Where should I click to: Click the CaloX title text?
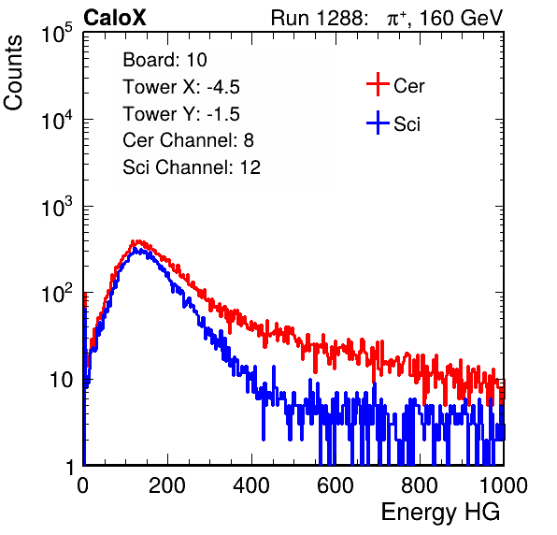115,18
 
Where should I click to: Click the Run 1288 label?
318,18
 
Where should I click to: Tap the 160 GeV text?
461,18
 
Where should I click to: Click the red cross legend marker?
378,84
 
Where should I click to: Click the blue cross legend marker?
378,123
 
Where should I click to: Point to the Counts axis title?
13,73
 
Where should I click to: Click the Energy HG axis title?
440,513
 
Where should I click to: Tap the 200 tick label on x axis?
167,485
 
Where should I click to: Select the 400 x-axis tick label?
251,485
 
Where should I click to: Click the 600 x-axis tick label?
336,485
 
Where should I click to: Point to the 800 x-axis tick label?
420,485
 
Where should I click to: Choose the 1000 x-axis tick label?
504,485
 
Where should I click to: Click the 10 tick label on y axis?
61,380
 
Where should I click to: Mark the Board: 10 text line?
164,60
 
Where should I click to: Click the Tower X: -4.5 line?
181,87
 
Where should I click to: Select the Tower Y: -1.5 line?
181,114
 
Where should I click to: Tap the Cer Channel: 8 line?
188,140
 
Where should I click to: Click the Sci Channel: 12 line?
192,167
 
